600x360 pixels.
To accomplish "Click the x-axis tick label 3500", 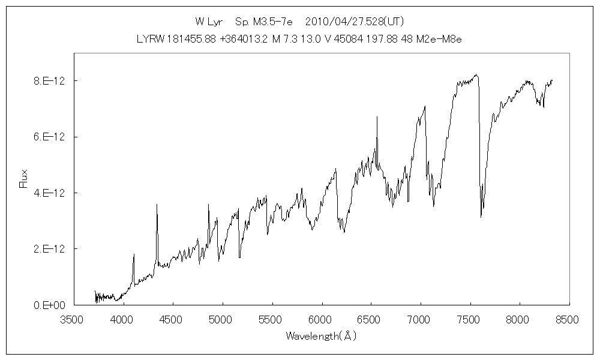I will point(73,320).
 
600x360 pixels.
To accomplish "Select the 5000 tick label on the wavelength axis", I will point(222,320).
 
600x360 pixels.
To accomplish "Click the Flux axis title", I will point(24,179).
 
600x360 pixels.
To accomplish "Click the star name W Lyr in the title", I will point(209,22).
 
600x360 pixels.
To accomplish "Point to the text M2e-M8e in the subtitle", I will point(439,39).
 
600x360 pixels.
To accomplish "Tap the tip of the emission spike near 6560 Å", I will point(377,117).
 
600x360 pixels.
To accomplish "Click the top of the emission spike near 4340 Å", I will point(157,205).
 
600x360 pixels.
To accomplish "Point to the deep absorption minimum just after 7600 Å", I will point(481,217).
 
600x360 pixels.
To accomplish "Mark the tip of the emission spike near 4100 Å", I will point(134,254).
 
